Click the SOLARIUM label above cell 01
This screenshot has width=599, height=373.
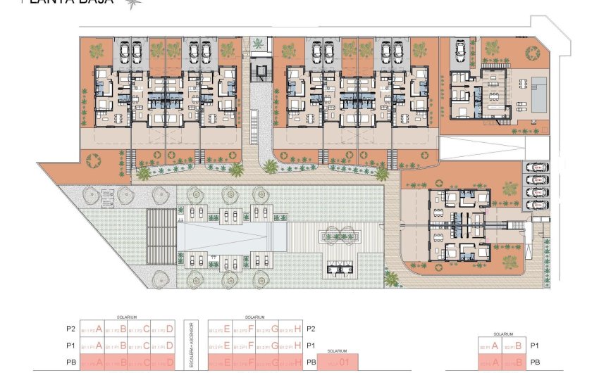[338, 350]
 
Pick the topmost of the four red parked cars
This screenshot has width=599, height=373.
[536, 167]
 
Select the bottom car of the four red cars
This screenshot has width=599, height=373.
[536, 205]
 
